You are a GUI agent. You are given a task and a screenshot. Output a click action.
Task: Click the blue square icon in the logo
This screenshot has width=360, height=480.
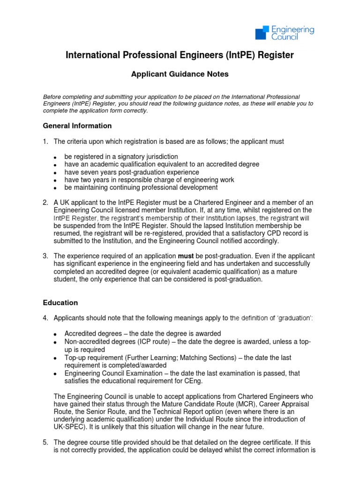point(263,33)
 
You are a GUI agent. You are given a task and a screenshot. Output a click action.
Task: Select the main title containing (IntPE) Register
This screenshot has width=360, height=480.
point(180,55)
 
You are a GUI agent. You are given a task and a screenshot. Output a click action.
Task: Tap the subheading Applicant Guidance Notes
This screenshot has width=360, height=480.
point(180,74)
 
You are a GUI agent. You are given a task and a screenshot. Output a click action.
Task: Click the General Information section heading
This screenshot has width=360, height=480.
point(77,126)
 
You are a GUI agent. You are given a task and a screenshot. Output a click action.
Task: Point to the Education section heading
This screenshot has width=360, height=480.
point(60,303)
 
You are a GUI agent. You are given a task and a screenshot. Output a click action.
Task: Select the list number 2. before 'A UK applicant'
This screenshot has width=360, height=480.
point(45,202)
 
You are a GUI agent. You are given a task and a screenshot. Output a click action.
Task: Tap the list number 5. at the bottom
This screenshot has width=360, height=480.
point(45,442)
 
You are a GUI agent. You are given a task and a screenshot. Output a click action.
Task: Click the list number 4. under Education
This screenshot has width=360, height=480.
point(45,318)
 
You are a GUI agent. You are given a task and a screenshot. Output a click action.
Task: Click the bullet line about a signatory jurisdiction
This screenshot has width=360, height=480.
point(121,157)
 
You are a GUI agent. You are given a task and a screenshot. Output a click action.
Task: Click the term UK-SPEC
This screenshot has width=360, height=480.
point(71,427)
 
